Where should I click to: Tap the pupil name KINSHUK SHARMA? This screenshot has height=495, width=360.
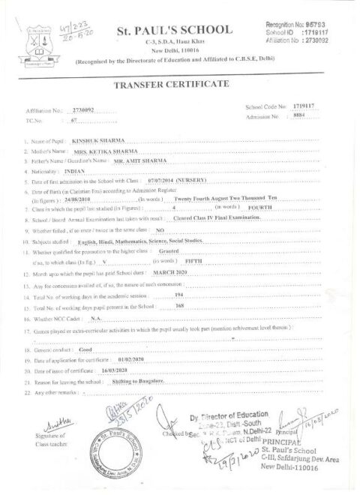[96, 140]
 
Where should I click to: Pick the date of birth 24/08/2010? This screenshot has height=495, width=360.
[80, 192]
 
